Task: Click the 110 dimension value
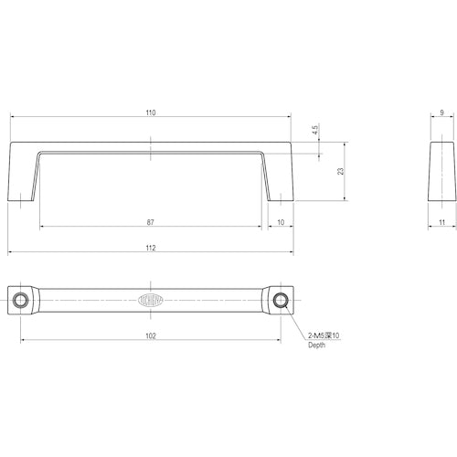tap(151, 112)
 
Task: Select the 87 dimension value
tap(151, 222)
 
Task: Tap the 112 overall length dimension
tap(151, 248)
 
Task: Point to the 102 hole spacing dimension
tap(151, 335)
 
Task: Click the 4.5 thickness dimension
tap(315, 131)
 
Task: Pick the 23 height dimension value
tap(340, 171)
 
